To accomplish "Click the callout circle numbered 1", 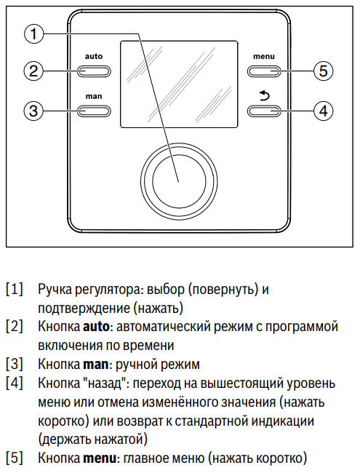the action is pyautogui.click(x=33, y=33).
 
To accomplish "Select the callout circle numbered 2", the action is pyautogui.click(x=33, y=71).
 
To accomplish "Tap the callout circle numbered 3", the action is pyautogui.click(x=33, y=111).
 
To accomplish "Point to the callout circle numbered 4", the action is pyautogui.click(x=323, y=111).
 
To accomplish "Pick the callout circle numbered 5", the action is pyautogui.click(x=323, y=71).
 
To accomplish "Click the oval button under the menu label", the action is pyautogui.click(x=264, y=71).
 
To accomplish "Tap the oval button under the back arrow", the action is pyautogui.click(x=264, y=111).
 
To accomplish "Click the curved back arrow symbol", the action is pyautogui.click(x=265, y=96).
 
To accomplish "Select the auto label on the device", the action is pyautogui.click(x=94, y=57).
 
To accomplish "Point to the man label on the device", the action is pyautogui.click(x=94, y=97).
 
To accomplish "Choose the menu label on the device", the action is pyautogui.click(x=264, y=57).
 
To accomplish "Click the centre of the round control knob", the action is pyautogui.click(x=179, y=182).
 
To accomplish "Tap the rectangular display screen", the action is pyautogui.click(x=179, y=84).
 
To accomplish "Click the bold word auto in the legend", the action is pyautogui.click(x=96, y=327).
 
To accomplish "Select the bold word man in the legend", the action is pyautogui.click(x=95, y=365).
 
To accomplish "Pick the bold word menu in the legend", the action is pyautogui.click(x=100, y=458).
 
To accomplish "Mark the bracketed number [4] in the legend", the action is pyautogui.click(x=15, y=383).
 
